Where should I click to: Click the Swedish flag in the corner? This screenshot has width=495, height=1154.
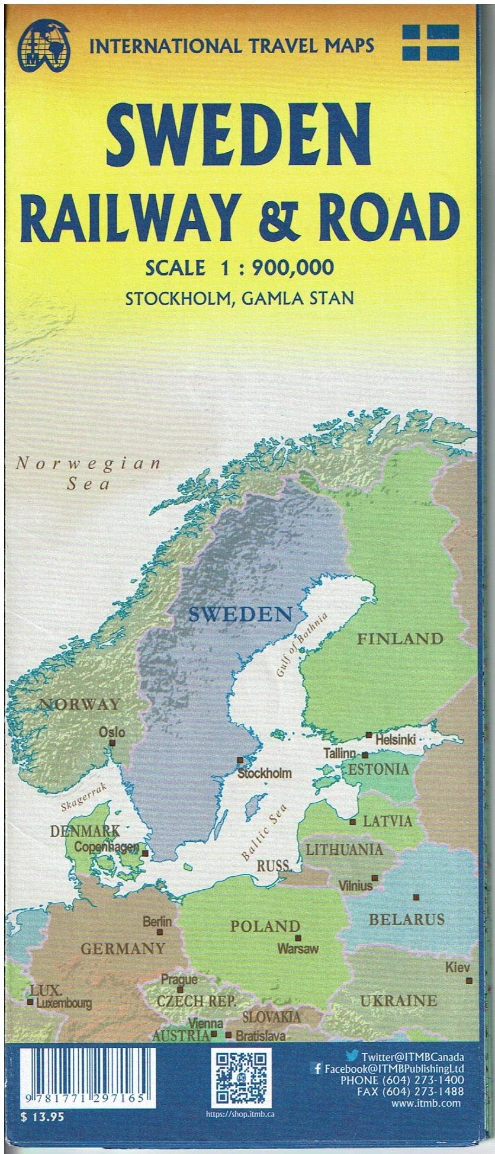(430, 42)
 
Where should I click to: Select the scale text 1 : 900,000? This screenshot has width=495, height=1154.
(269, 267)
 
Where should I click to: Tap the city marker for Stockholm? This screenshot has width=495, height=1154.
(240, 760)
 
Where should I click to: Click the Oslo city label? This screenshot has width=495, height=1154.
(112, 732)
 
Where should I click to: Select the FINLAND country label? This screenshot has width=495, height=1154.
(400, 639)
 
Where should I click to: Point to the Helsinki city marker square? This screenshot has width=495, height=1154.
(368, 735)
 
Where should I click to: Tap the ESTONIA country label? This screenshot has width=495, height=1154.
(378, 770)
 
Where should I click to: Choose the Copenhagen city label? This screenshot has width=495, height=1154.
(107, 848)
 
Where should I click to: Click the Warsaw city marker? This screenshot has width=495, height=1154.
(298, 938)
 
